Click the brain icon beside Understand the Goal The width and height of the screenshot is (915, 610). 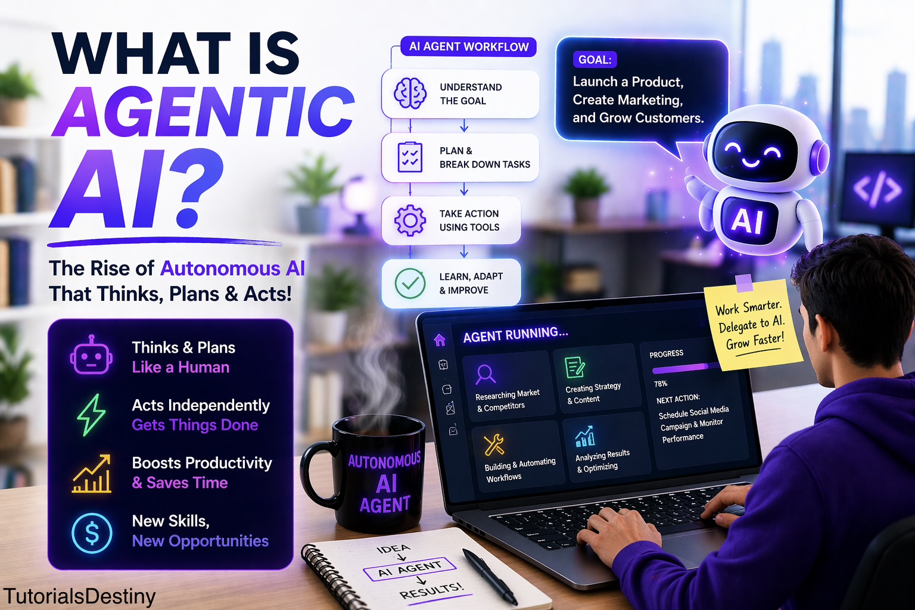pos(410,94)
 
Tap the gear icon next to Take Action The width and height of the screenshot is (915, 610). pos(410,220)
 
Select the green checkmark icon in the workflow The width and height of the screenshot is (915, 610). pos(410,283)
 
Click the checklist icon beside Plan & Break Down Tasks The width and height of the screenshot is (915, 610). pos(410,157)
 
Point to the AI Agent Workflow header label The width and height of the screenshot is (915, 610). pos(468,47)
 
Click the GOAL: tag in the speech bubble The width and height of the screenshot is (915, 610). pos(595,60)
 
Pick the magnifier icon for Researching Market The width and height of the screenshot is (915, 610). pos(485,375)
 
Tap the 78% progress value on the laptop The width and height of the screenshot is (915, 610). pos(661,384)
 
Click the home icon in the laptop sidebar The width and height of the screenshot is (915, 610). pos(440,340)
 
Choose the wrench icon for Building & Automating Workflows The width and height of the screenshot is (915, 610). pos(494,444)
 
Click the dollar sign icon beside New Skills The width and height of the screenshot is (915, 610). pos(92,533)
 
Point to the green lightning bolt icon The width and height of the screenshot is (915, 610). pos(91,415)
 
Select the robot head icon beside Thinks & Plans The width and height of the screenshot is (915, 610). pos(91,356)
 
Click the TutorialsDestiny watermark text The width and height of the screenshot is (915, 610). pos(79,596)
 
